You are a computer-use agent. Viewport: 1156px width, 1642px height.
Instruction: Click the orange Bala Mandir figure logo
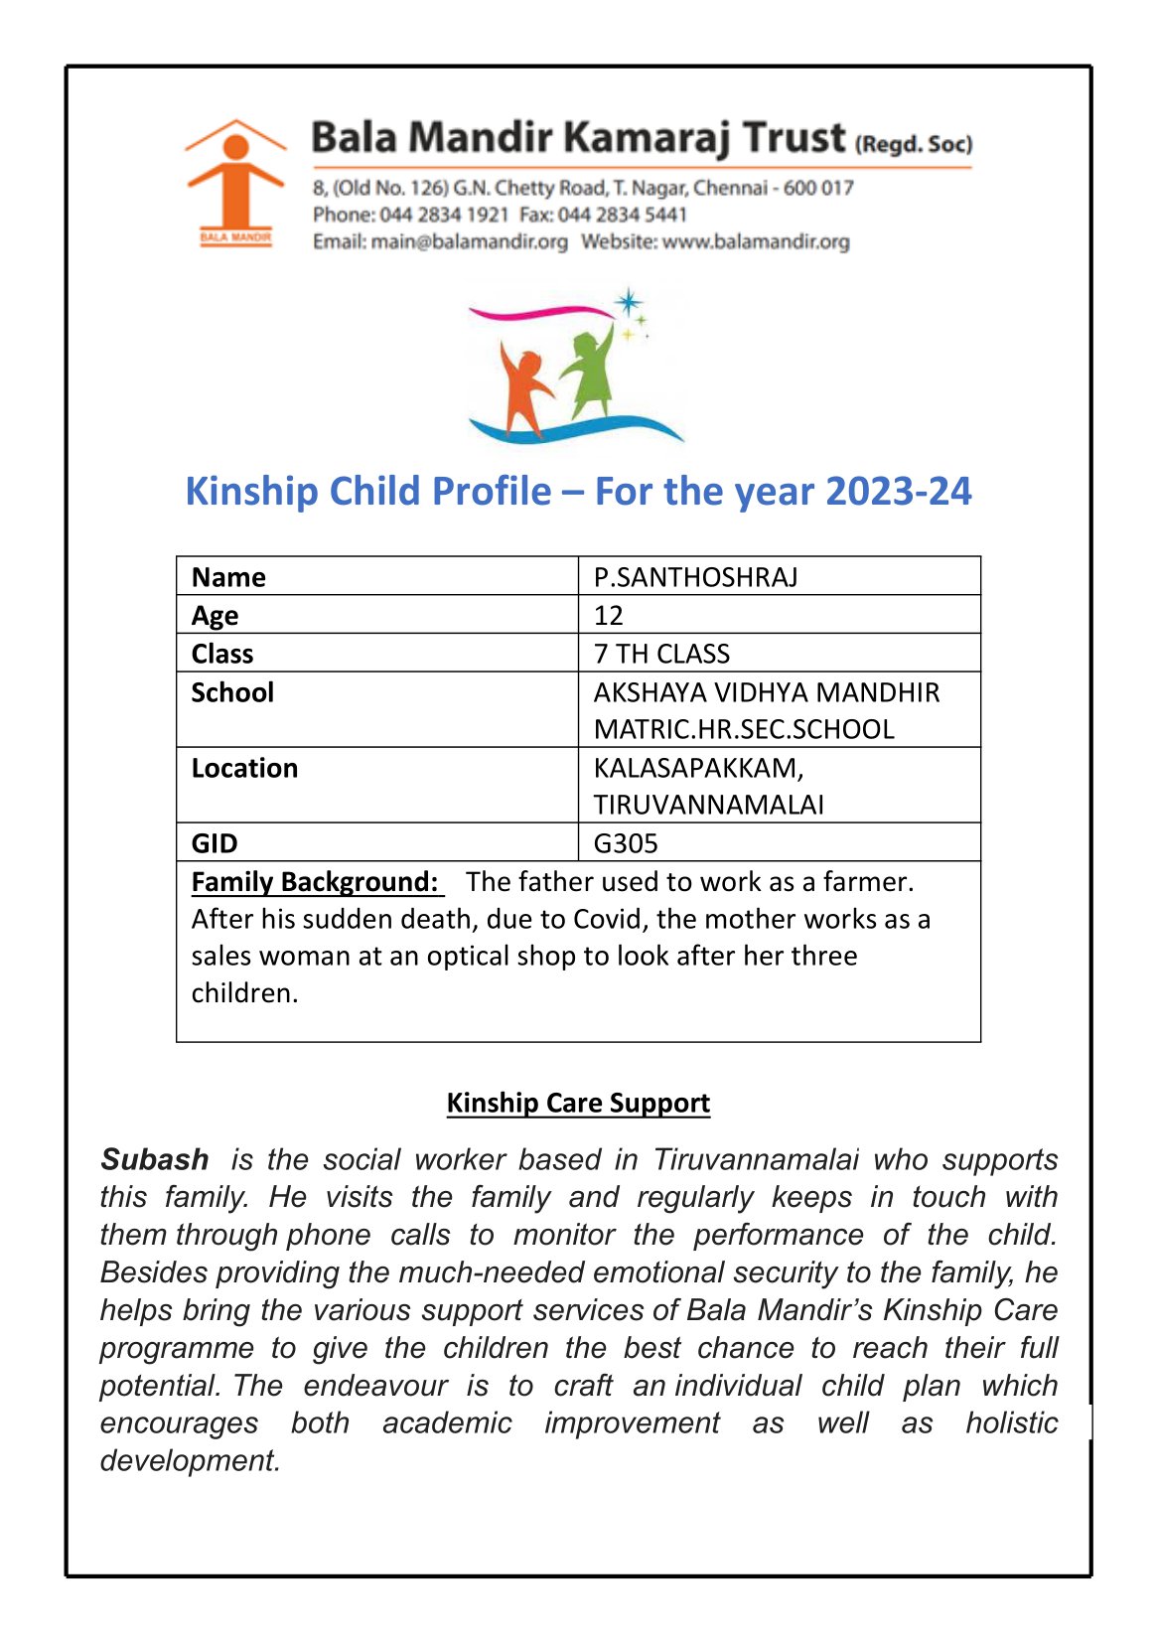coord(234,182)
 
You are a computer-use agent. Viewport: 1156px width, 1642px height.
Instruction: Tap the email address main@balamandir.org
coord(469,241)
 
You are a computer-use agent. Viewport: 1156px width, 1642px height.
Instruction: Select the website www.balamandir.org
coord(756,241)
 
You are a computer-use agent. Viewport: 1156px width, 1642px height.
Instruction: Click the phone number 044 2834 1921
coord(444,215)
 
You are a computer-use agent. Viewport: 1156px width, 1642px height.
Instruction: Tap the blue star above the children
coord(628,303)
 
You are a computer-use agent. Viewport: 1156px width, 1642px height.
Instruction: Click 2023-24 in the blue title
coord(898,491)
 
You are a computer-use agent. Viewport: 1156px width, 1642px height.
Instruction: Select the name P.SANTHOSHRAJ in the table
coord(695,577)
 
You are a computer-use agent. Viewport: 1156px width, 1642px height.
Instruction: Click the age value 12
coord(609,615)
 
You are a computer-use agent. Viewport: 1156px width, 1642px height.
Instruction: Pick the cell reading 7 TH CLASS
coord(661,654)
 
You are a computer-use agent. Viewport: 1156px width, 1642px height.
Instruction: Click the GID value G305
coord(626,843)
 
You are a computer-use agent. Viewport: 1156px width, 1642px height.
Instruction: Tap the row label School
coord(232,692)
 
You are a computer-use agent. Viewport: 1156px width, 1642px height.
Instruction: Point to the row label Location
coord(244,768)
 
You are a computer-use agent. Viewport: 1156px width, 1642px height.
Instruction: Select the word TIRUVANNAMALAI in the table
coord(708,805)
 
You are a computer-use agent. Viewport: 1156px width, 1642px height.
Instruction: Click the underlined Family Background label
coord(315,882)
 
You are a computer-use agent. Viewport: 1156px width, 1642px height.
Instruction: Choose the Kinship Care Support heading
coord(578,1103)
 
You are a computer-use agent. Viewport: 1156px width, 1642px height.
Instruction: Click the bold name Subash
coord(155,1159)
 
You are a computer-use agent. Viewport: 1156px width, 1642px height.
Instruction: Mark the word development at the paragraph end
coord(190,1460)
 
